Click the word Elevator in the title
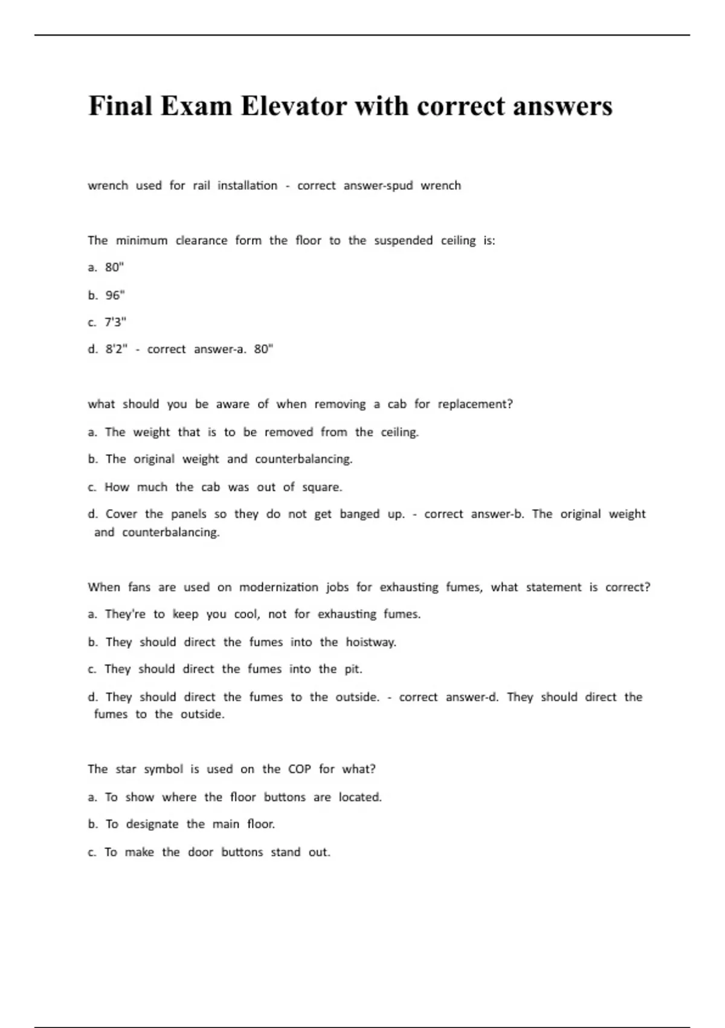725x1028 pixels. pos(294,106)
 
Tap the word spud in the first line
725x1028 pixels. pos(398,186)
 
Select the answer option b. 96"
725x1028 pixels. pos(106,295)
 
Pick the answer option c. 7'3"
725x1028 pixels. pos(107,322)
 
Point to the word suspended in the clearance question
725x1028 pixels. pos(403,241)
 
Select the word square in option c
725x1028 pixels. pos(321,487)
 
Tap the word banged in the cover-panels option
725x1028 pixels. pos(359,514)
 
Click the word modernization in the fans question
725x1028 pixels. pos(279,587)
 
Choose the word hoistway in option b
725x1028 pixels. pos(370,642)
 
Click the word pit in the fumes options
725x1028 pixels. pos(353,669)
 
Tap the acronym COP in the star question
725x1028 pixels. pos(299,769)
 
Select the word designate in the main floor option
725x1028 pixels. pos(152,824)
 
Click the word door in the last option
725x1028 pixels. pos(200,852)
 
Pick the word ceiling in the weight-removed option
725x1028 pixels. pos(399,432)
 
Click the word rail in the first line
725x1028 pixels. pos(201,186)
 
